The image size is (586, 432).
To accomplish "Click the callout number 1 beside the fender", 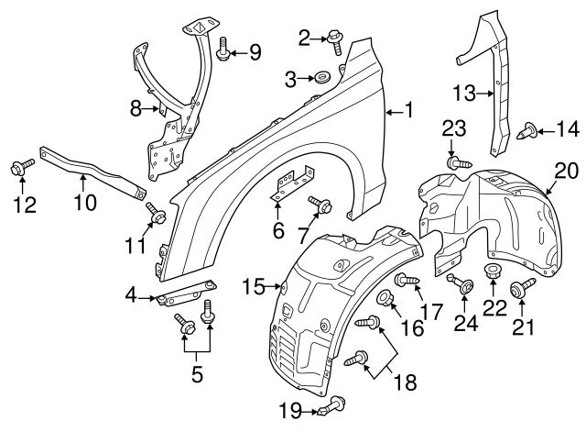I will pos(409,112).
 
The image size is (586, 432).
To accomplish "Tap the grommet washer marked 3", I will pos(321,79).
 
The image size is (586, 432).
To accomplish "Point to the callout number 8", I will pos(136,109).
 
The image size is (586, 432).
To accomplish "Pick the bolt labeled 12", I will pos(19,167).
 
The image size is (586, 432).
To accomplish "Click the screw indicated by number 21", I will pos(524,289).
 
